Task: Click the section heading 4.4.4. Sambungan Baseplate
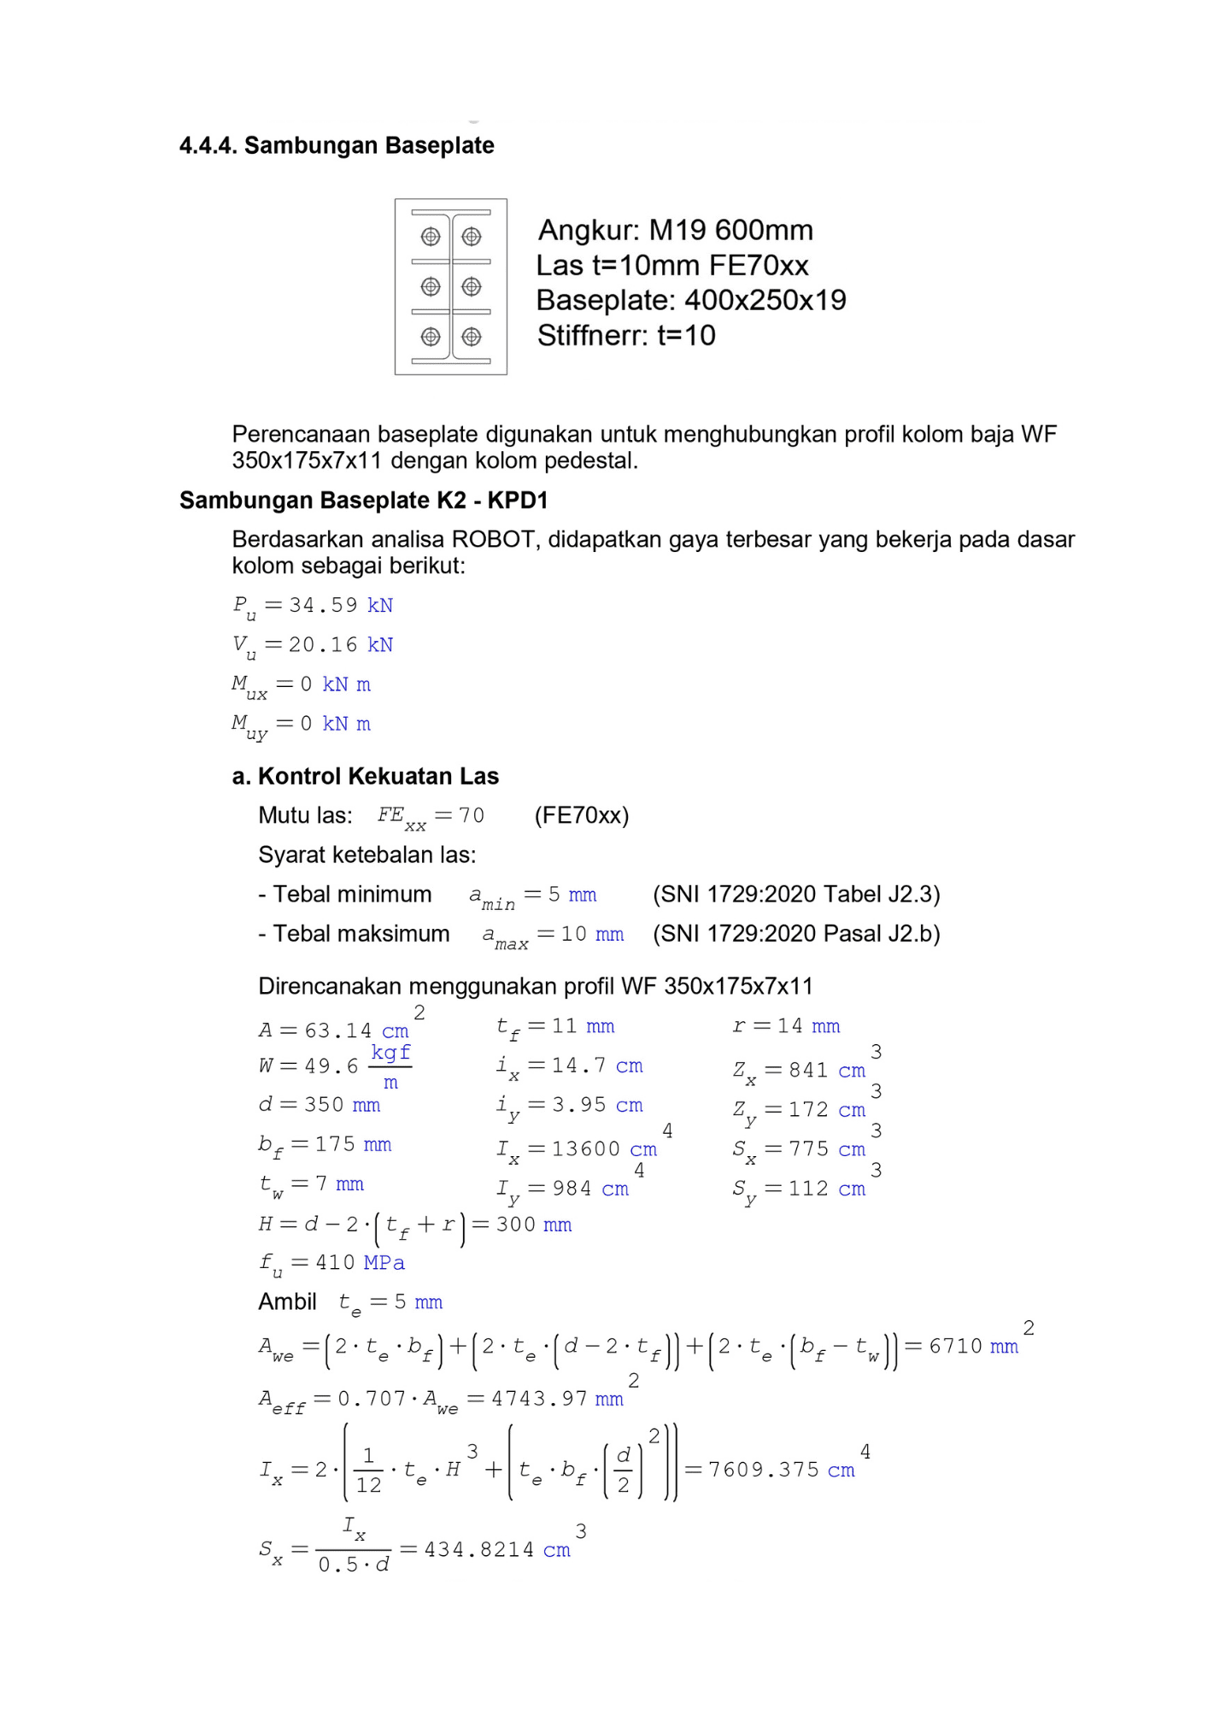click(x=337, y=145)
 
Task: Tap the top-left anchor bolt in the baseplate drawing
click(x=431, y=236)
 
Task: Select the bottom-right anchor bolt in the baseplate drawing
click(x=472, y=337)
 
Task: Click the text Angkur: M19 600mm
click(x=675, y=230)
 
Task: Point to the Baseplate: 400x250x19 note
click(x=690, y=300)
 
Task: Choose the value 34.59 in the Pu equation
click(x=323, y=605)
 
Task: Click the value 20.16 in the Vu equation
click(x=323, y=644)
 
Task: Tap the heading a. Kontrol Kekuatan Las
click(x=366, y=776)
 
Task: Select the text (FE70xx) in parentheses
click(x=582, y=815)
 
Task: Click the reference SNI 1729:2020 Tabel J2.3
click(x=796, y=894)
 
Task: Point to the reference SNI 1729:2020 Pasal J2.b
click(x=796, y=933)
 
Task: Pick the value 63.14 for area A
click(x=338, y=1031)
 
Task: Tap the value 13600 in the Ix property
click(x=586, y=1149)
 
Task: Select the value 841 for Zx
click(x=808, y=1070)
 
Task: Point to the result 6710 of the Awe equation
click(x=955, y=1346)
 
